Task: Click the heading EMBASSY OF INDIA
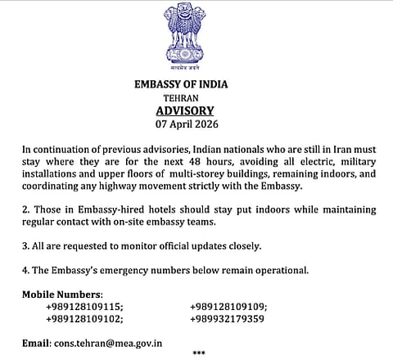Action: pos(181,83)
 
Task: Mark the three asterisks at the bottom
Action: pos(199,353)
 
